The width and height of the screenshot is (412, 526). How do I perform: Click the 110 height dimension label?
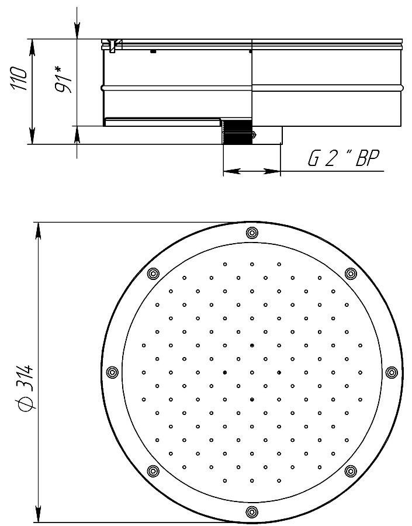(x=19, y=79)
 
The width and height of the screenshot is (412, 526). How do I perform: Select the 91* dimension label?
(x=64, y=79)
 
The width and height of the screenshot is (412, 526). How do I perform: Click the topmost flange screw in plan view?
(x=252, y=233)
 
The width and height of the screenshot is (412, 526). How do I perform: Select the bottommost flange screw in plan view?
(x=252, y=512)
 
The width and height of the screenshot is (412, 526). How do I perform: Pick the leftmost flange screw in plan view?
(x=112, y=372)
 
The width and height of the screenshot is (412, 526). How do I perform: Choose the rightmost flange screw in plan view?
(x=391, y=372)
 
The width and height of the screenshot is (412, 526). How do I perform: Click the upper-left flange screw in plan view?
(x=153, y=274)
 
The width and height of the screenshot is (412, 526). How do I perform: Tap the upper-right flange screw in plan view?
(x=351, y=274)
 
